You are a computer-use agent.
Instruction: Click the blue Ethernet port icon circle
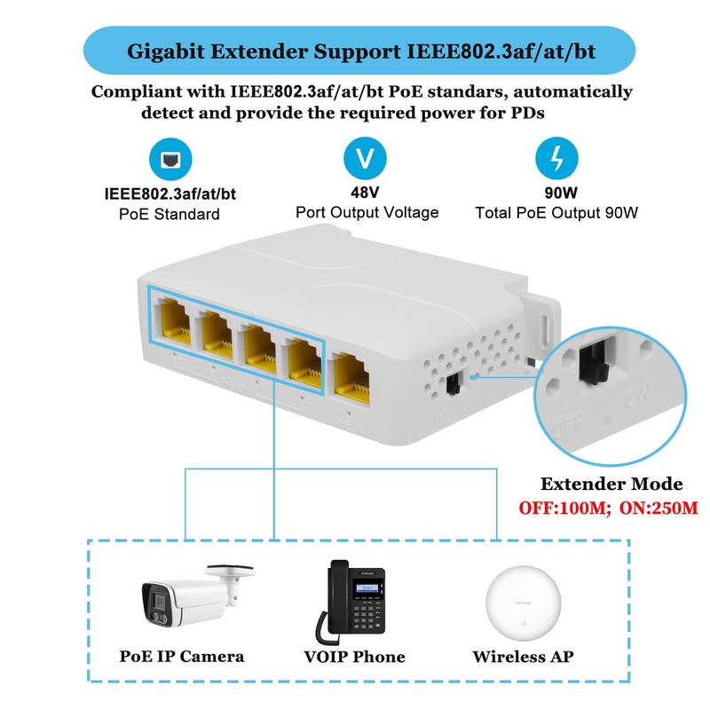pyautogui.click(x=170, y=160)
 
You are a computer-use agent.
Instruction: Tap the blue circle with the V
pyautogui.click(x=365, y=160)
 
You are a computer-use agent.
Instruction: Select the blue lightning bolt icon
pyautogui.click(x=556, y=160)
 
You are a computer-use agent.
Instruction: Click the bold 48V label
pyautogui.click(x=366, y=192)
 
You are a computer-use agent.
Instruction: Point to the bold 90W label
pyautogui.click(x=556, y=192)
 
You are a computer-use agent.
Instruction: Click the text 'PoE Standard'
pyautogui.click(x=170, y=214)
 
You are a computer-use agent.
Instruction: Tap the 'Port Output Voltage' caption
pyautogui.click(x=367, y=213)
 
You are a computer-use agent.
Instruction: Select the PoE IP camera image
pyautogui.click(x=191, y=598)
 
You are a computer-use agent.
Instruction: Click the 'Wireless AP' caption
pyautogui.click(x=523, y=658)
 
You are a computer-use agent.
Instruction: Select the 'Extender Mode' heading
pyautogui.click(x=612, y=485)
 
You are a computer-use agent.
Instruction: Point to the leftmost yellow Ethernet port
pyautogui.click(x=171, y=325)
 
